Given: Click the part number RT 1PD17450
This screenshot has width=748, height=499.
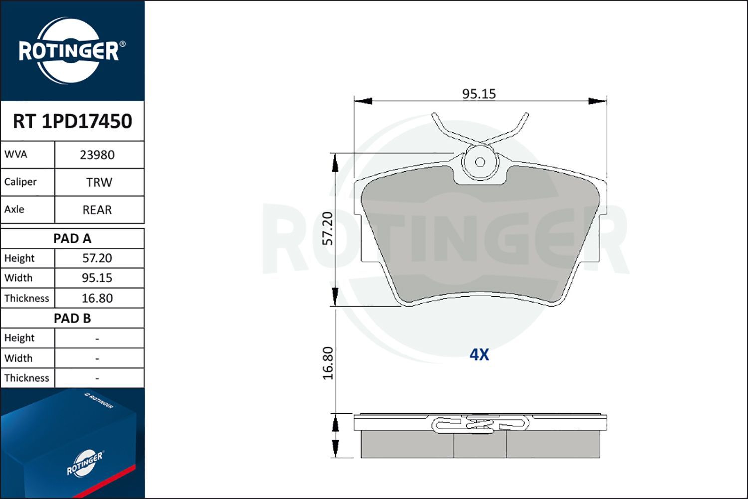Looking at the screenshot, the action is (x=72, y=121).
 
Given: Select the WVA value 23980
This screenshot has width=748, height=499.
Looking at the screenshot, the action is (x=97, y=155).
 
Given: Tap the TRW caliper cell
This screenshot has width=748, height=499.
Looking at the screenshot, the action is (x=99, y=183).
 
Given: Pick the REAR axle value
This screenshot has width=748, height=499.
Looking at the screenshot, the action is (x=97, y=210).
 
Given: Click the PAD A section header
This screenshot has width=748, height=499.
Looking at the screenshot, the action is (x=72, y=239).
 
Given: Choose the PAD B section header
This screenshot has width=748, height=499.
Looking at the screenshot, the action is (x=72, y=318).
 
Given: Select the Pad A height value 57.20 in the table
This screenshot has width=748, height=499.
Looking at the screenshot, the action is (x=97, y=258).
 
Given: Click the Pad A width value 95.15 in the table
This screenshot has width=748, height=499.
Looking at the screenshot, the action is (x=97, y=278).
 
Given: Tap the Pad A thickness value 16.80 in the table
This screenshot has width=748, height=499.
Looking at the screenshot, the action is (x=97, y=298).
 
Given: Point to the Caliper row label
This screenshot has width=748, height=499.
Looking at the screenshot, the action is (x=20, y=182).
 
